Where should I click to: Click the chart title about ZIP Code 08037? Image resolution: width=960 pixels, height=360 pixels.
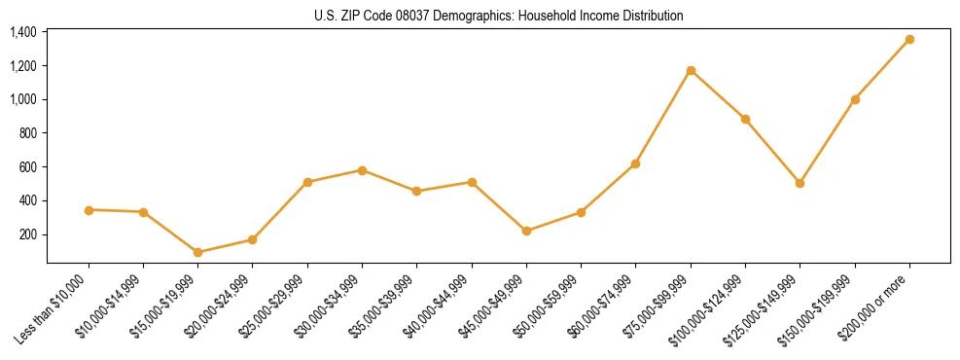coord(499,16)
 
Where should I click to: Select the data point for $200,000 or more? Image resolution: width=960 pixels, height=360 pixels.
coord(909,40)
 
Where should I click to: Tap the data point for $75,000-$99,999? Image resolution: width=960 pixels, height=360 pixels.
coord(691,70)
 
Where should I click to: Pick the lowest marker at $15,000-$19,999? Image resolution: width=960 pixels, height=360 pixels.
coord(198,252)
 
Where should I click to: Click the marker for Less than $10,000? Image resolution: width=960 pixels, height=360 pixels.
coord(89,210)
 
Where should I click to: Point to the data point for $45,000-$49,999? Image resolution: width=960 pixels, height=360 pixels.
coord(526,231)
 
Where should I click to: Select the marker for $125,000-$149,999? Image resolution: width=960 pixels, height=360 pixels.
coord(800,183)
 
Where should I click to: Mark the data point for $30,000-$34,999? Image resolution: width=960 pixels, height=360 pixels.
coord(362,170)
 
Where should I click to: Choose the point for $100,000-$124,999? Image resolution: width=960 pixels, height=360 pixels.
coord(745,119)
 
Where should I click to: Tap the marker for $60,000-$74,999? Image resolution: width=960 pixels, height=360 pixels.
coord(635,163)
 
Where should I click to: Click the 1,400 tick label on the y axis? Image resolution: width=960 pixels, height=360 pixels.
coord(23,32)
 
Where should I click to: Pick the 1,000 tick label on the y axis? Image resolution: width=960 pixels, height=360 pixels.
coord(23,99)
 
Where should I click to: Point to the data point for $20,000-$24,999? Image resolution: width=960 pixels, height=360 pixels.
coord(253,239)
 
